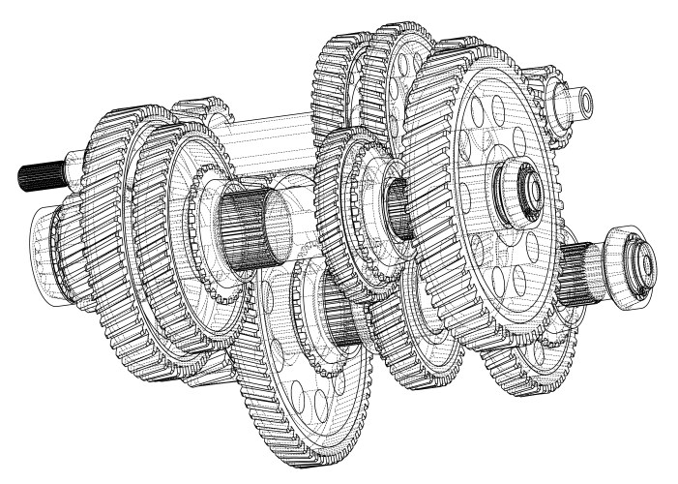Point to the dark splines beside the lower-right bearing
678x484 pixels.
pyautogui.click(x=584, y=274)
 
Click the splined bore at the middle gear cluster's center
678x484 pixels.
pyautogui.click(x=398, y=208)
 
